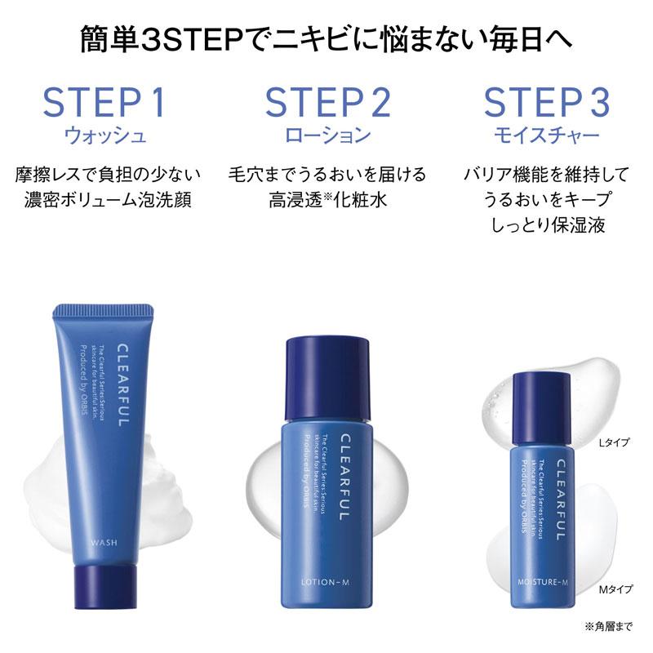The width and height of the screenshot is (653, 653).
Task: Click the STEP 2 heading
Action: point(327,103)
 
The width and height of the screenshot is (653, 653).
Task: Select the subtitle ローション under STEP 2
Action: point(327,135)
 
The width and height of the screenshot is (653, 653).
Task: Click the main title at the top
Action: point(326,38)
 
